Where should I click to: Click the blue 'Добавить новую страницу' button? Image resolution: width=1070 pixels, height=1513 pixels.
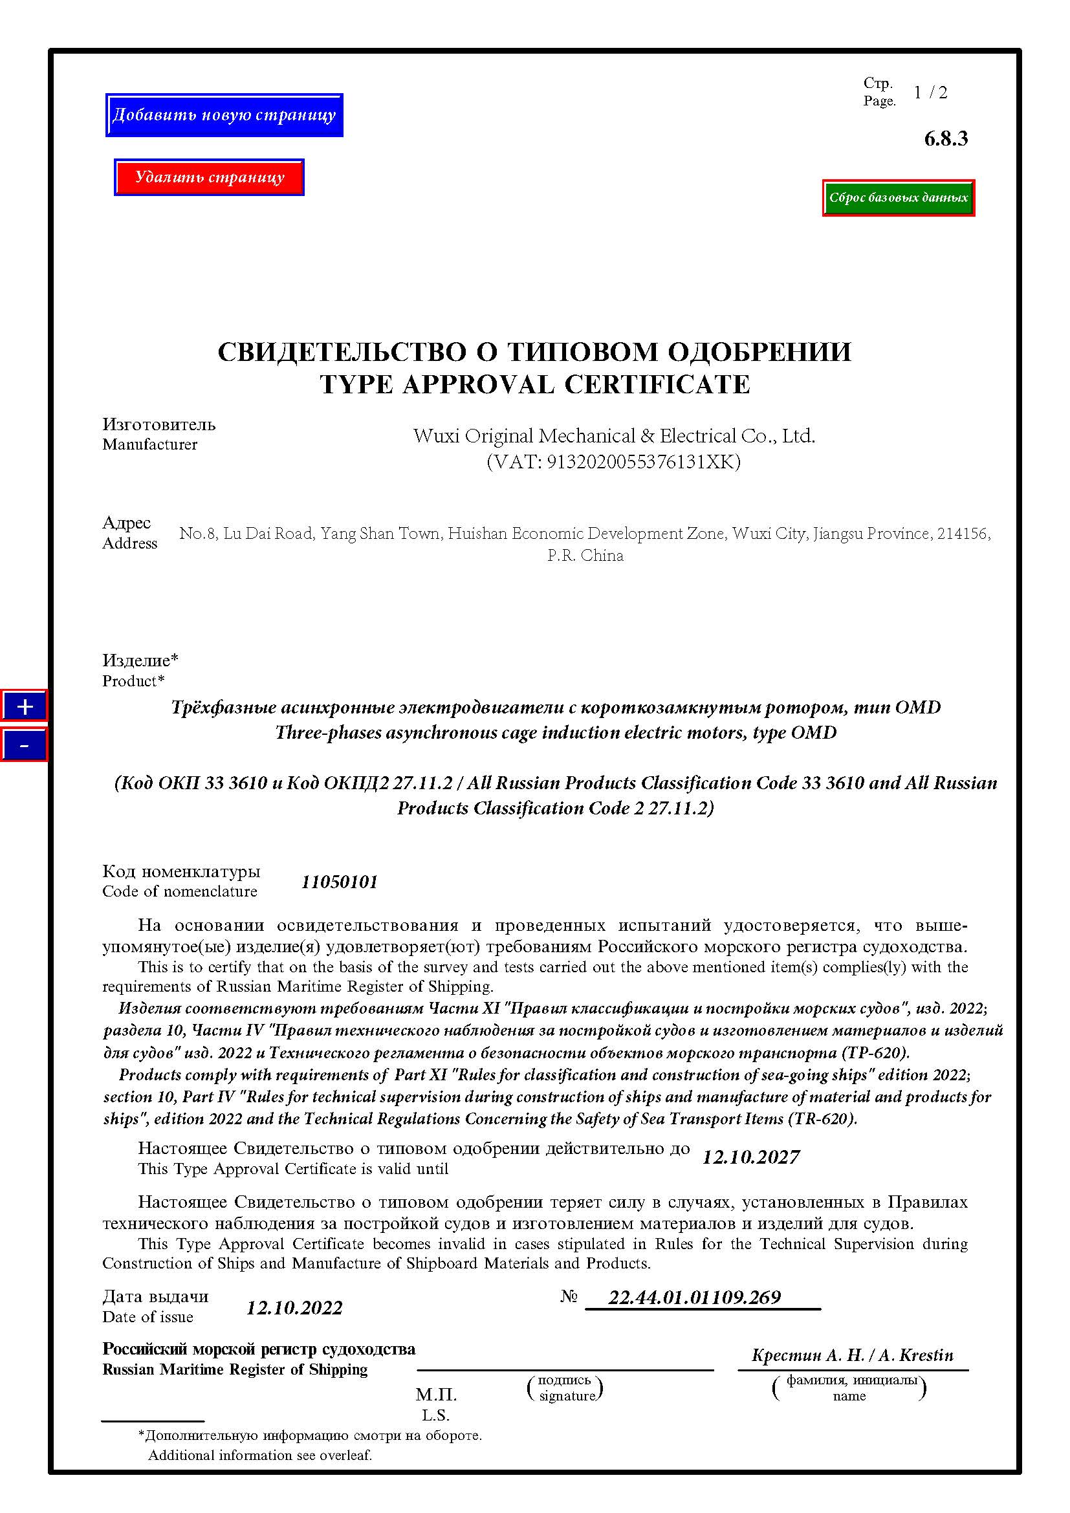(x=224, y=115)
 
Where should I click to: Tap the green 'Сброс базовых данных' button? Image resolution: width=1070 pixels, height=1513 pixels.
(x=898, y=198)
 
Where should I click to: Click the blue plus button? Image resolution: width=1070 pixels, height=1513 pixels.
(x=25, y=707)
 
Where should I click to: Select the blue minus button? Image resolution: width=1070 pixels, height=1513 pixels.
(x=25, y=745)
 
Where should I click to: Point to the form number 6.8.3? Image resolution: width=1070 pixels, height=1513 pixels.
(x=946, y=138)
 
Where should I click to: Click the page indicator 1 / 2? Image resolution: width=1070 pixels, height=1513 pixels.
(x=930, y=93)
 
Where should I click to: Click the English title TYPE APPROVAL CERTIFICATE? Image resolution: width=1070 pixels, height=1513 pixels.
(x=534, y=385)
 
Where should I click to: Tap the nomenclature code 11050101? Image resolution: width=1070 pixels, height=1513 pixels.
(x=340, y=882)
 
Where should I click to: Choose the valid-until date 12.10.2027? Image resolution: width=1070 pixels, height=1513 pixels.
(x=751, y=1158)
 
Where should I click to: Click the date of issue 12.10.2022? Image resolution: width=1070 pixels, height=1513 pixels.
(x=294, y=1308)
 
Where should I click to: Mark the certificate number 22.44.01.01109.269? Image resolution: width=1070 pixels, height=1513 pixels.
(x=694, y=1298)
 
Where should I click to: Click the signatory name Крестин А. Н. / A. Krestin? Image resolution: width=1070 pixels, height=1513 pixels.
(x=853, y=1356)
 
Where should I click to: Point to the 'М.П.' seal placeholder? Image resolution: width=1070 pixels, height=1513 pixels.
(x=436, y=1395)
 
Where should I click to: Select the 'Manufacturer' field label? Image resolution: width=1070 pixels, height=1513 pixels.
(x=149, y=445)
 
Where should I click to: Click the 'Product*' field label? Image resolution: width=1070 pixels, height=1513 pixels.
(x=133, y=680)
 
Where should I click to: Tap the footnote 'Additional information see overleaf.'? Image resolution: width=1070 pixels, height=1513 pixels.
(x=260, y=1455)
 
